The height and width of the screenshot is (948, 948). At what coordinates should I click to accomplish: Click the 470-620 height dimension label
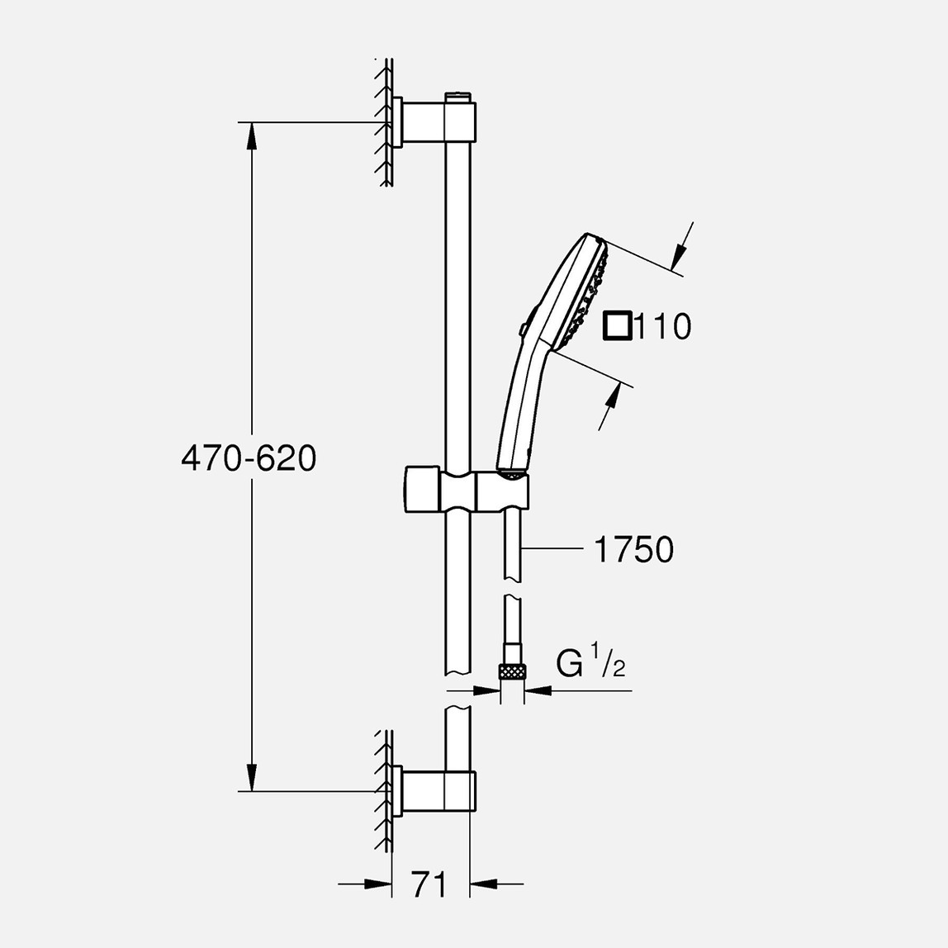tap(249, 457)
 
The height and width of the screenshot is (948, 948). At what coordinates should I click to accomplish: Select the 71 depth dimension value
tap(429, 884)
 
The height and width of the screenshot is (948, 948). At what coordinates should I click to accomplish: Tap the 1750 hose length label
tap(633, 550)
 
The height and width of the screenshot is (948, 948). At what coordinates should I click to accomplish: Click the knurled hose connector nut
tap(512, 671)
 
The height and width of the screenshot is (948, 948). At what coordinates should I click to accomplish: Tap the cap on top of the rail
tap(460, 97)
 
